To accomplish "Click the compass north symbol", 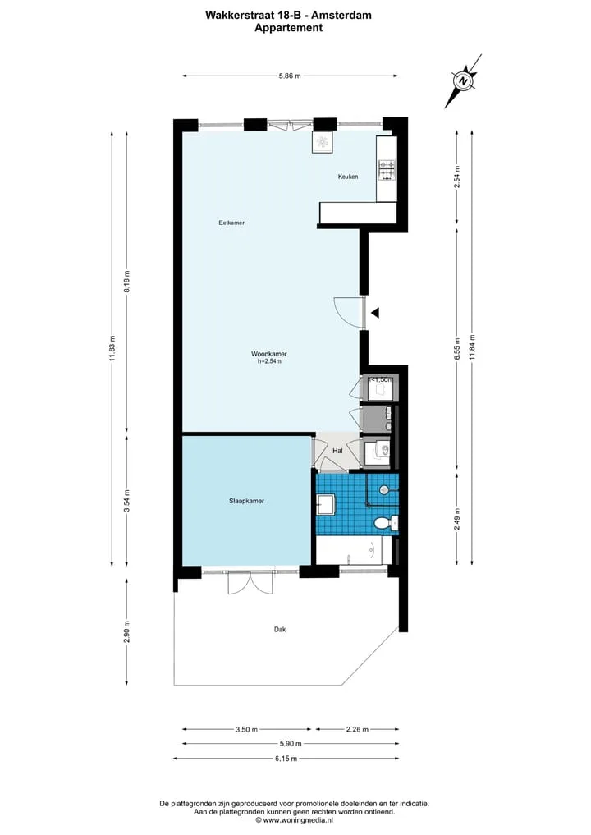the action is coord(463,81).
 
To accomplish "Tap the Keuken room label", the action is coord(348,177).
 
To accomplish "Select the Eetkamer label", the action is coord(231,223).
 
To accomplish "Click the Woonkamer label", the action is coord(269,354).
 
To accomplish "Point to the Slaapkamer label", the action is coord(246,501).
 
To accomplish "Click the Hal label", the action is coord(337,451).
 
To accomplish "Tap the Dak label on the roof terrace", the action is coord(280,630).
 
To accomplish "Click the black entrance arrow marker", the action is coord(375,313).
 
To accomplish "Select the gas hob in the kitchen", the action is coord(387,171).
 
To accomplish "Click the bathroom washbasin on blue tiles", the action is coord(325,504).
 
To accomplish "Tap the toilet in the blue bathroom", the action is coord(385,524).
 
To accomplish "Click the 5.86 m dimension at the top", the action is coord(290,76).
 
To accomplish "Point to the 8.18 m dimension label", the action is coord(126,282).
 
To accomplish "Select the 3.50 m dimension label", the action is coord(246,730).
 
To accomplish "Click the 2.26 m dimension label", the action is coord(357,730).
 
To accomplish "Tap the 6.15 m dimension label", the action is coord(286,759).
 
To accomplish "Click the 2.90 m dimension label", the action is coord(126,631).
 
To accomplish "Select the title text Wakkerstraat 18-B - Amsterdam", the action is coord(289,16).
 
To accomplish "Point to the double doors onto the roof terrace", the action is coord(250,583).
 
